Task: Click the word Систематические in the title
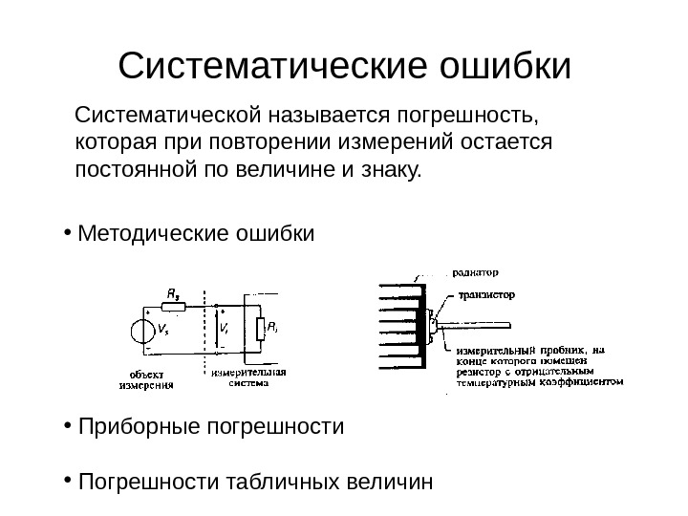coord(270,67)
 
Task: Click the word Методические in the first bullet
coord(153,233)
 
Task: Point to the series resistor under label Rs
coord(173,308)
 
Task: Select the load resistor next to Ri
coord(258,330)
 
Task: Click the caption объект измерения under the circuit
coord(146,379)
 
